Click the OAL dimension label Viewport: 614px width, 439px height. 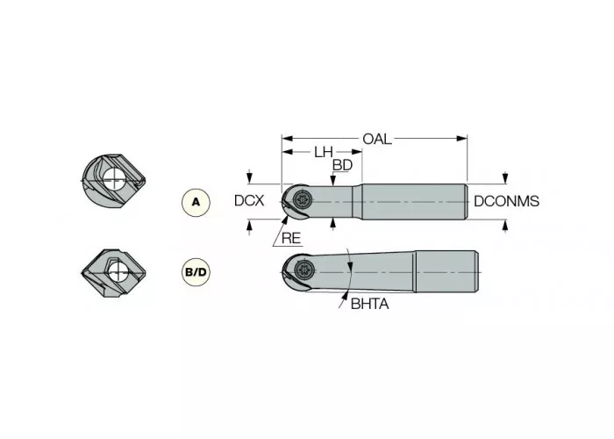(x=377, y=139)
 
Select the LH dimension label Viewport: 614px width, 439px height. (x=323, y=152)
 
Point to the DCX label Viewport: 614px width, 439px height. (x=249, y=201)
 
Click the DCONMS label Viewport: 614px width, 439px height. (x=506, y=201)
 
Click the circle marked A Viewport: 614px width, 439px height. (x=196, y=202)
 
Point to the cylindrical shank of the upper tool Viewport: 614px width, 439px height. (x=412, y=201)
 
